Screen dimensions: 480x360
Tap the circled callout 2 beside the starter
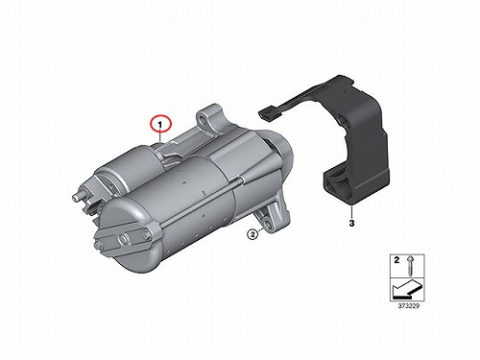tap(252, 234)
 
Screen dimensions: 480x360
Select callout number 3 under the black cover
tap(351, 223)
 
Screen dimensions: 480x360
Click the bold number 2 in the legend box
tap(396, 260)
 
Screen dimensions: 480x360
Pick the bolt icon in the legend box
tap(410, 266)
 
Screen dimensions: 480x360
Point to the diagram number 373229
tap(408, 306)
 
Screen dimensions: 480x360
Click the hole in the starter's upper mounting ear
tap(203, 119)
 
